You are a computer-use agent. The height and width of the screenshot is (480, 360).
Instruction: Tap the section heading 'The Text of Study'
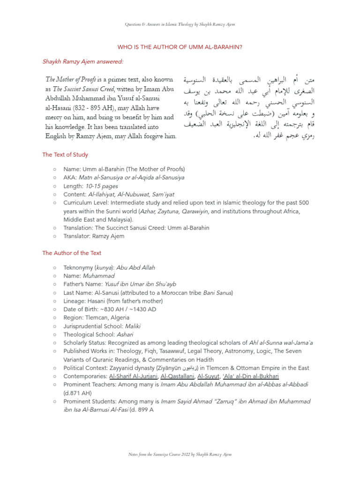pos(65,154)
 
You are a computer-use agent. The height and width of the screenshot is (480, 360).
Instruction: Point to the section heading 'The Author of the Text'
pos(71,253)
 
